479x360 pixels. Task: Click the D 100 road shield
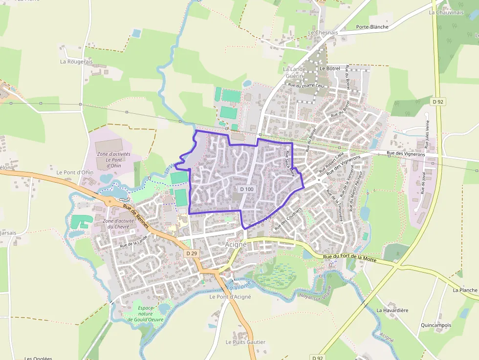[x=247, y=189]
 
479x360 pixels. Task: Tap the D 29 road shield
[x=192, y=254]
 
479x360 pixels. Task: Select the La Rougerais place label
[x=76, y=62]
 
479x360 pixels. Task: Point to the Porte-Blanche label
[x=372, y=27]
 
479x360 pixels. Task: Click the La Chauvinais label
[x=446, y=12]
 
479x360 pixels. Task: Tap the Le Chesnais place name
[x=323, y=33]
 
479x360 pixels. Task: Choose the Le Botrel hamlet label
[x=329, y=69]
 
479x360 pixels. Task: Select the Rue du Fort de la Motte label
[x=350, y=258]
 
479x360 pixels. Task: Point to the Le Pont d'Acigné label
[x=230, y=296]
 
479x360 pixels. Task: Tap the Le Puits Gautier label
[x=245, y=342]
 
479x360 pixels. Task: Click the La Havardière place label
[x=392, y=310]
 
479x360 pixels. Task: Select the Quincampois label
[x=436, y=325]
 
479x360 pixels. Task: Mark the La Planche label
[x=465, y=290]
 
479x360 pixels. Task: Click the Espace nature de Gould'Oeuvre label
[x=146, y=314]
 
